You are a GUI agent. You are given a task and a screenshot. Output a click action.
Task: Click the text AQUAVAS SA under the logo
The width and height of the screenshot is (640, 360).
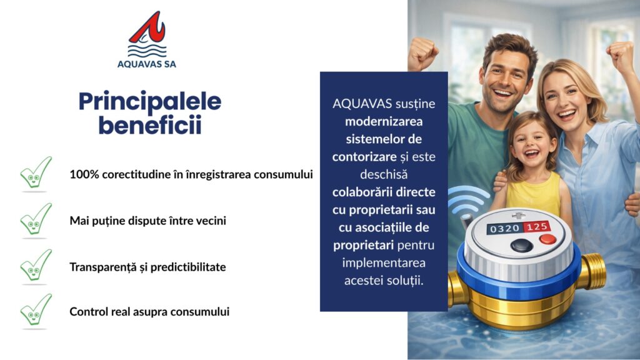coord(146,64)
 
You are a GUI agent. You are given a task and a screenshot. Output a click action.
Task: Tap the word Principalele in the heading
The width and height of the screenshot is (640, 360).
coord(150,102)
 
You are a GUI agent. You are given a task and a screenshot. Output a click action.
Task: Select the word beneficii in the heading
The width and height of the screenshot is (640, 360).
coord(150,125)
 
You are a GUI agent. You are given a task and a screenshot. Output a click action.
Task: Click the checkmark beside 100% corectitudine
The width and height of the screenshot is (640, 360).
coord(36,174)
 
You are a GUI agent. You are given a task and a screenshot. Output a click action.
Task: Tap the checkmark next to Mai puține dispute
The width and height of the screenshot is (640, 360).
coord(36,220)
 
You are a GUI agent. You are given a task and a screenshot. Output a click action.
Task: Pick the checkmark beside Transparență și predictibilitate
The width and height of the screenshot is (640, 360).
coord(36,266)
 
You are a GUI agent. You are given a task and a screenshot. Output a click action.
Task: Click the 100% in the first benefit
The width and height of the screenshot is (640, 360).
coord(84,174)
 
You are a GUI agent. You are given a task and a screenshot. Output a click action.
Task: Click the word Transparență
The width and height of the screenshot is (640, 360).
coord(102,267)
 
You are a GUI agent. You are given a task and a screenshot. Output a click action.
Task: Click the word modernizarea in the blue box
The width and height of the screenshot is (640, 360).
coord(384,121)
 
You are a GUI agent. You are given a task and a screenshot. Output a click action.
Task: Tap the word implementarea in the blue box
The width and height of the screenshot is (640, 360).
coord(384,262)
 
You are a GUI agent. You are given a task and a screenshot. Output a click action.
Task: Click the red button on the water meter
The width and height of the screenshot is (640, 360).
coord(547,239)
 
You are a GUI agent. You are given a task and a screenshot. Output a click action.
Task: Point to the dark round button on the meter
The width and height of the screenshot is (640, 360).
coord(522,246)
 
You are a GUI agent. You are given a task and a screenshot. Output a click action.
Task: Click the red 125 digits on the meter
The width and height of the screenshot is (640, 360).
coord(536,226)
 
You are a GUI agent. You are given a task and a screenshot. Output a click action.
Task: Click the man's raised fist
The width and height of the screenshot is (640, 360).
coord(422,52)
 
